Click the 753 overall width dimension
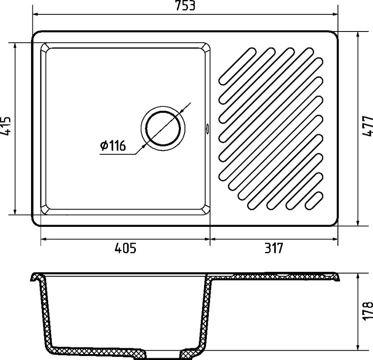(185, 5)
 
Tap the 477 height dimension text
(368, 126)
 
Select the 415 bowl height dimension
(5, 126)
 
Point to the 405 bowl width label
(126, 248)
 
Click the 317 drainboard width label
(274, 248)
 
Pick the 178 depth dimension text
(368, 311)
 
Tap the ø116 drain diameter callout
(113, 145)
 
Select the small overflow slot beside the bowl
(207, 128)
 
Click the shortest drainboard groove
(314, 201)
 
